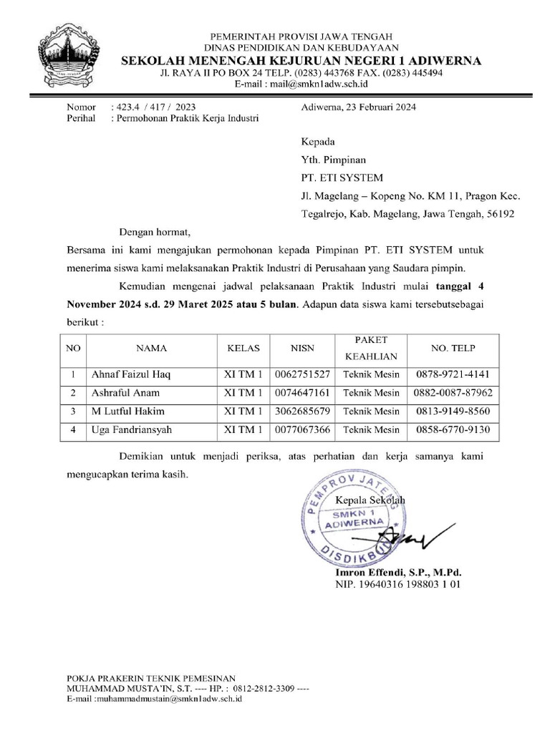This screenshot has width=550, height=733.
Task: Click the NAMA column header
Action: (152, 348)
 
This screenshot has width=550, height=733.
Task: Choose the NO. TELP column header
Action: (453, 348)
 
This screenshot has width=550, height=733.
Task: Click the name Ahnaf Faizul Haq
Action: (131, 374)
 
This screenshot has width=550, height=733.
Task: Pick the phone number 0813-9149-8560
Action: (453, 412)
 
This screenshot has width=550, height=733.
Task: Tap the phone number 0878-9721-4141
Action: (453, 374)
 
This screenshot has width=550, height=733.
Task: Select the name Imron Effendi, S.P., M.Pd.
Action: (399, 573)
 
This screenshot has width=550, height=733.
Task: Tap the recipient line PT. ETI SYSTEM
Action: (342, 178)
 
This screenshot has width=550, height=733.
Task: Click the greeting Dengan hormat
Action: (155, 233)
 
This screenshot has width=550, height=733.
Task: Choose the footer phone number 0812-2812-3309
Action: (263, 688)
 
